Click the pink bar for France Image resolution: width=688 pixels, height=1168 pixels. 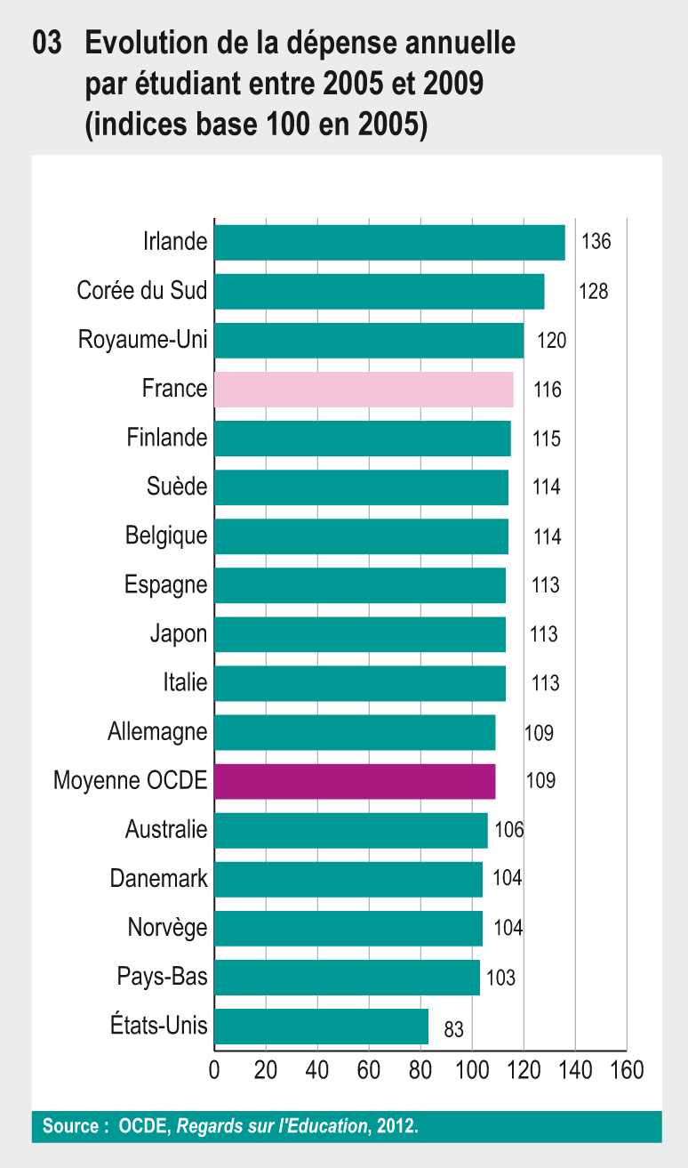tap(364, 390)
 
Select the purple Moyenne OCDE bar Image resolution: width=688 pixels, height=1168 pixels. tap(355, 781)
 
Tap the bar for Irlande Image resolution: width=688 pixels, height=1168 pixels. tap(389, 243)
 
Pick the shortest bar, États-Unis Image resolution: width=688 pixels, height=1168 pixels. tap(321, 1027)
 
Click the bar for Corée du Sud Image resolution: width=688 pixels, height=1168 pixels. tap(379, 292)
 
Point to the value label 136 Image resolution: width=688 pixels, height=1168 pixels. tap(596, 242)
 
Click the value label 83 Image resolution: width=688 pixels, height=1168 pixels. tap(453, 1030)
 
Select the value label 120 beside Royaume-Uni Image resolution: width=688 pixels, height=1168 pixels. tap(550, 341)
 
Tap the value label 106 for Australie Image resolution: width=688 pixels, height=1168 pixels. tap(509, 830)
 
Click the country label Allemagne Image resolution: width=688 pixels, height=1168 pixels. tap(157, 732)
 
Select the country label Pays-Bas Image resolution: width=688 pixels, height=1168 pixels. tap(162, 977)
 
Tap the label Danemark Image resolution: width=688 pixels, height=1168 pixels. tap(158, 879)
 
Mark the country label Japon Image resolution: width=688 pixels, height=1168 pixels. tap(179, 634)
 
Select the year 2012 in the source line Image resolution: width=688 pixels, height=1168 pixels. tap(395, 1126)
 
